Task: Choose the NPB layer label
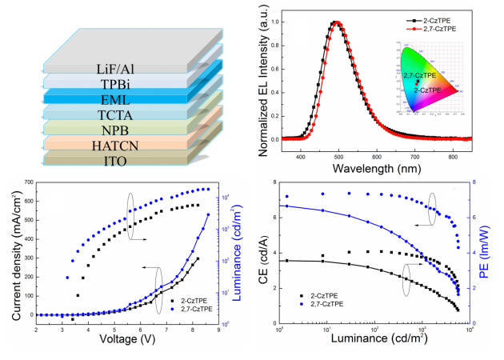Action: coord(117,133)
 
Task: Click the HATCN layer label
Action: coord(117,150)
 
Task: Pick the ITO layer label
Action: coord(117,166)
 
